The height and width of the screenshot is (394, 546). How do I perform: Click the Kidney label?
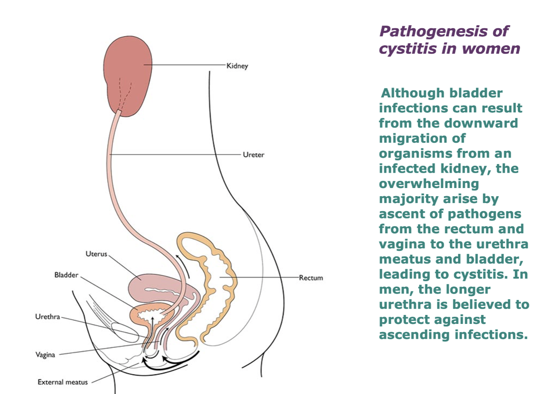[238, 66]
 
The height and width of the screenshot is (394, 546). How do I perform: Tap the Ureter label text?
[253, 155]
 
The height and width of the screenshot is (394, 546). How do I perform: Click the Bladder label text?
[66, 275]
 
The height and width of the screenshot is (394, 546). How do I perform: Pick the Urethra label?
[47, 317]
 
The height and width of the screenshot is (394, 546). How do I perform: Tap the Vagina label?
[45, 355]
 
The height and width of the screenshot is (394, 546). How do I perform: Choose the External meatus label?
[62, 382]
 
